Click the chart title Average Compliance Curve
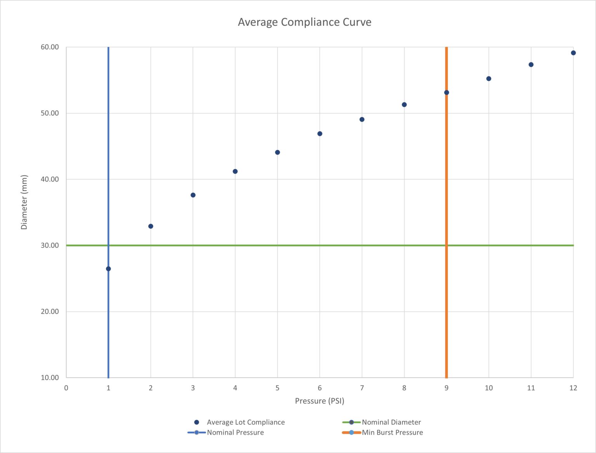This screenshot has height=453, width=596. [x=304, y=22]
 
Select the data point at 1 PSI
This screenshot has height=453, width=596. [x=108, y=269]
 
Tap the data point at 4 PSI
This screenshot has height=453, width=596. [x=235, y=171]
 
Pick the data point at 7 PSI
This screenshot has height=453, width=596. [x=362, y=119]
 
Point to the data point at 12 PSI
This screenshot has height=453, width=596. [x=573, y=53]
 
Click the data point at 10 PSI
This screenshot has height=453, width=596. [x=489, y=78]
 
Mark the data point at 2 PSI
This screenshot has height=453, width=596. [x=151, y=226]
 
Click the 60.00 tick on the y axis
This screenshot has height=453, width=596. [x=50, y=47]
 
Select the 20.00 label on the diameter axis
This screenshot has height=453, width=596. [x=50, y=311]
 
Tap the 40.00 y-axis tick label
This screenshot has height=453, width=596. [x=50, y=179]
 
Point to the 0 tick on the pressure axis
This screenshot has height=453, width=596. [x=66, y=388]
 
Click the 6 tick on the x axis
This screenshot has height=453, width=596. [x=320, y=388]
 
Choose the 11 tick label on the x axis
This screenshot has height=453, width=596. [x=531, y=388]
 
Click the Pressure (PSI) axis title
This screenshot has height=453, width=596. [x=319, y=401]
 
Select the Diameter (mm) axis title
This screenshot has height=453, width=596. [x=24, y=202]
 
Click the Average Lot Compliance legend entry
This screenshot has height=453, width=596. [x=245, y=422]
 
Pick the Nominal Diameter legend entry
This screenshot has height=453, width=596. [x=391, y=422]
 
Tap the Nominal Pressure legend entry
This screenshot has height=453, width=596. [x=235, y=432]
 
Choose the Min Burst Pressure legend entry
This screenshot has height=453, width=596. [x=392, y=432]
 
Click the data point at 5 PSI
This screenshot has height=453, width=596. [x=277, y=152]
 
